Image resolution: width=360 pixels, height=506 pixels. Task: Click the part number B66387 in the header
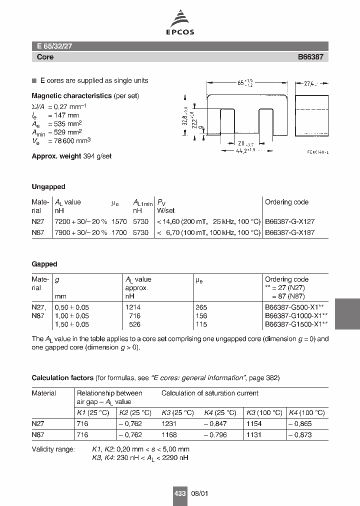click(310, 57)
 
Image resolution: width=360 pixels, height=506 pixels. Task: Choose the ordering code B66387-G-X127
click(289, 220)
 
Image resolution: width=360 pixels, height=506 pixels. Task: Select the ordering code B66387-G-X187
click(289, 233)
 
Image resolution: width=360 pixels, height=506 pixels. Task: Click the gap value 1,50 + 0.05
click(71, 324)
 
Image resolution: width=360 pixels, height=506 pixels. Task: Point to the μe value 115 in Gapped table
click(201, 324)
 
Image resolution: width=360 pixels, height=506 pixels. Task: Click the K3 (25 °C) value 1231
click(169, 423)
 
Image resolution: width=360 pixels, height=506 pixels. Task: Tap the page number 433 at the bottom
click(180, 493)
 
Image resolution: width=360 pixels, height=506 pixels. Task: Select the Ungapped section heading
click(48, 186)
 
